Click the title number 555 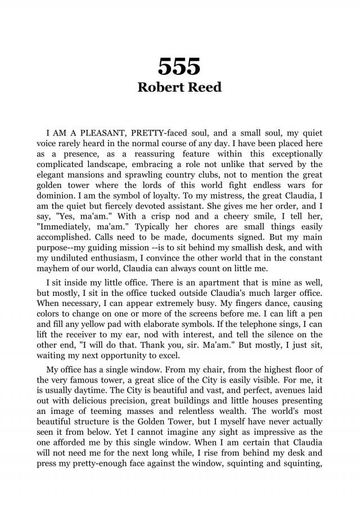click(179, 67)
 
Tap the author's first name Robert click(160, 88)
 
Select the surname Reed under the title click(204, 88)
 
